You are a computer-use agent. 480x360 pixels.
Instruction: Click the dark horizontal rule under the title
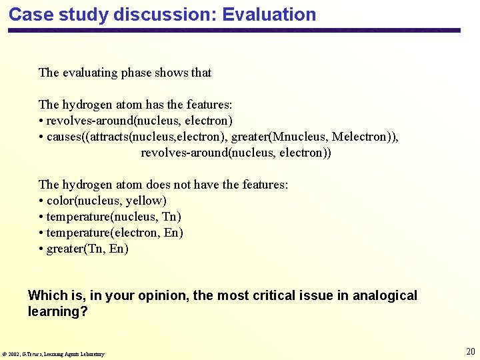(x=233, y=31)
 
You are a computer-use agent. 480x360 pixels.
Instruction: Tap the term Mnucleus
(x=304, y=137)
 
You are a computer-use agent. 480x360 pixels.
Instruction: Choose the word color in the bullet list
(x=61, y=201)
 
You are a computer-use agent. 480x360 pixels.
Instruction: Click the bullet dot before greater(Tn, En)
(x=41, y=249)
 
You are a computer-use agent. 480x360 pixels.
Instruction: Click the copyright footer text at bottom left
(x=53, y=354)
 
